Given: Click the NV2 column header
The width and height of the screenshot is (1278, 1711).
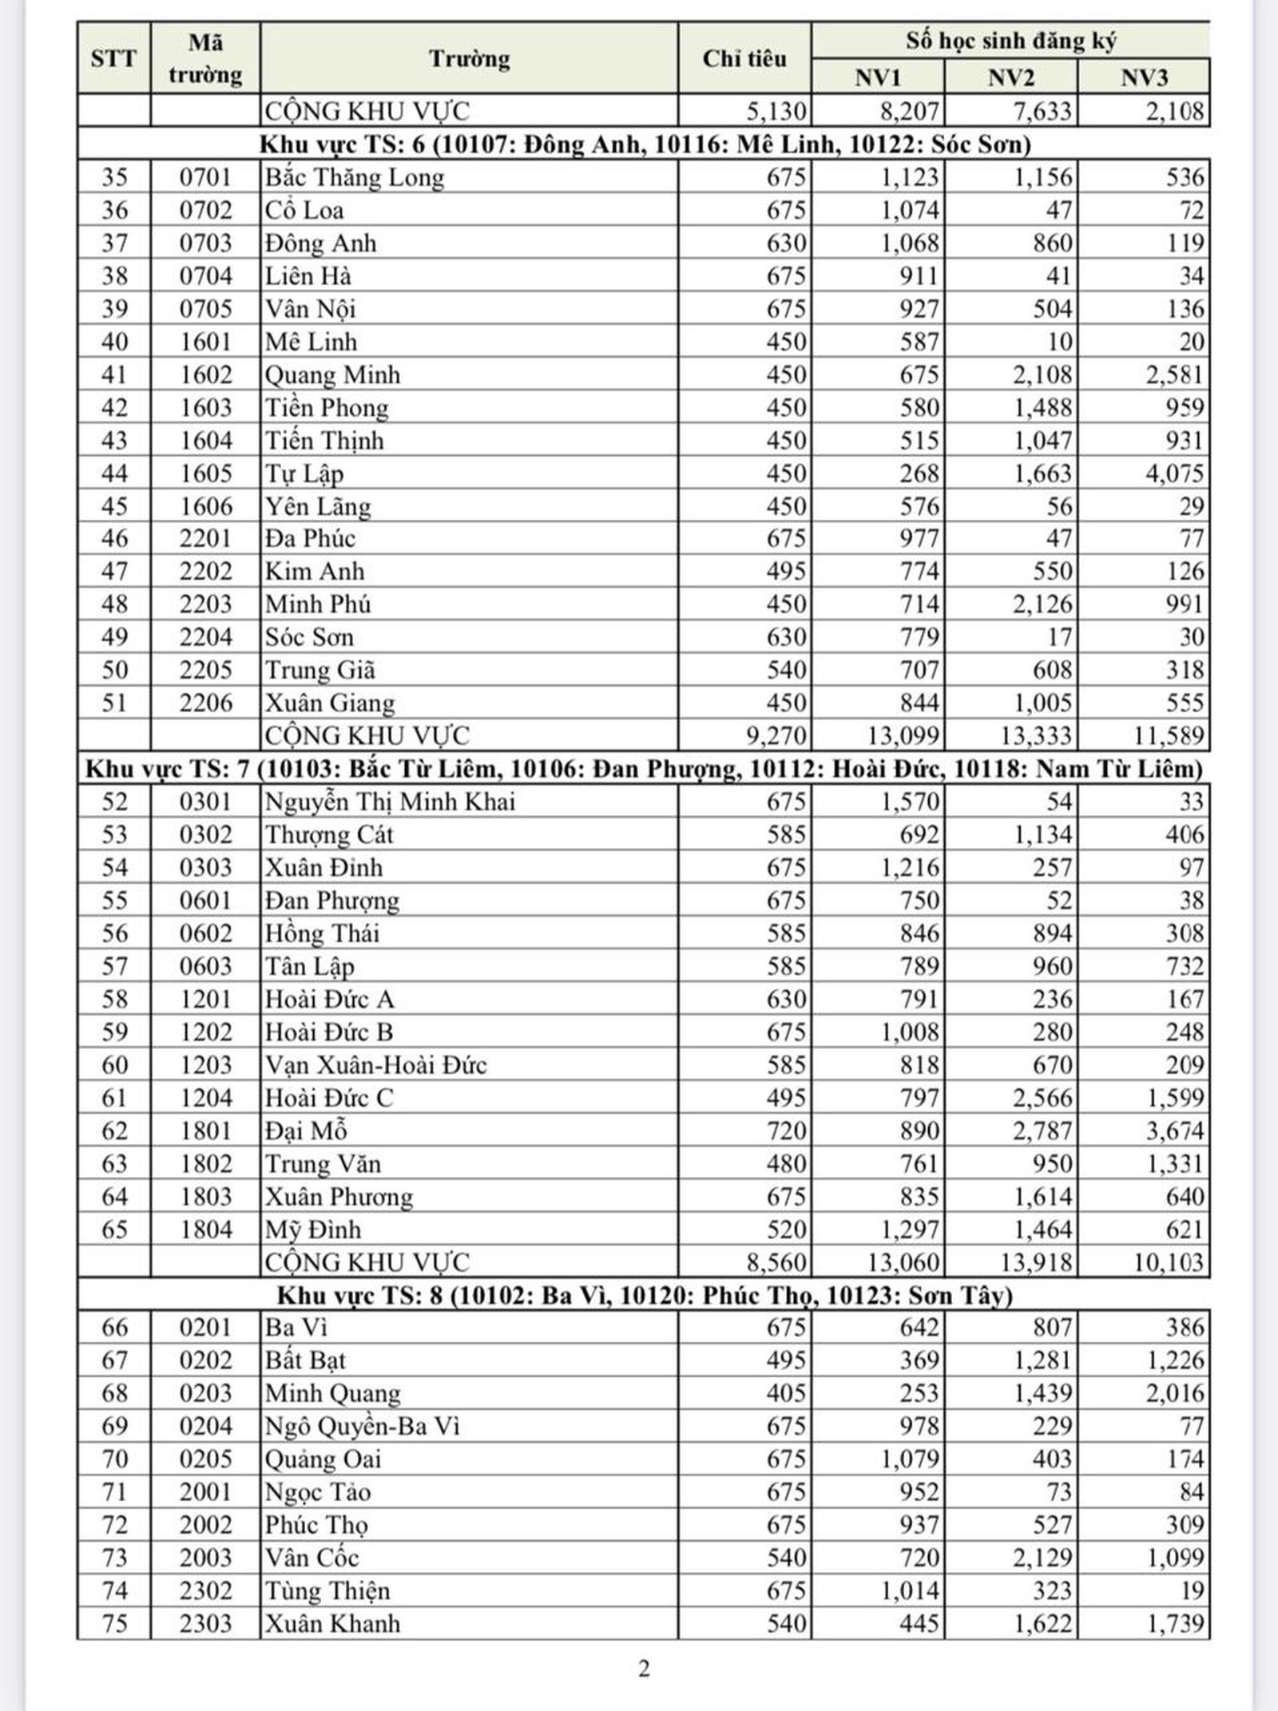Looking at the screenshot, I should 1010,77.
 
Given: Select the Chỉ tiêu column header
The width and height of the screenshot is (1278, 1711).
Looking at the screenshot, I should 744,58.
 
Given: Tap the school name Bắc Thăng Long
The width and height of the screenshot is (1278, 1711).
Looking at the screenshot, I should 354,177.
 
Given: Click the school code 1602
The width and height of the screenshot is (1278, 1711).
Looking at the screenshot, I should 205,374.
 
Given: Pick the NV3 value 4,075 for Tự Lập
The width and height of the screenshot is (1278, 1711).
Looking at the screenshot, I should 1174,473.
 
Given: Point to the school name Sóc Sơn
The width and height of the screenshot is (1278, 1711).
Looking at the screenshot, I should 309,637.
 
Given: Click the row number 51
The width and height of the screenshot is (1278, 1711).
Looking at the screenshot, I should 114,703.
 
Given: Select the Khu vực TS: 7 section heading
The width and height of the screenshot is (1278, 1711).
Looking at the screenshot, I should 644,768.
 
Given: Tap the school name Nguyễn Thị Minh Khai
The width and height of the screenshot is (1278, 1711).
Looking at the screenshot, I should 390,802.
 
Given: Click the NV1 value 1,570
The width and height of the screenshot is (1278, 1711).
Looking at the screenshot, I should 909,802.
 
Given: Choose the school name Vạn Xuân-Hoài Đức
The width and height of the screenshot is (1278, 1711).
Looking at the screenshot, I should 375,1064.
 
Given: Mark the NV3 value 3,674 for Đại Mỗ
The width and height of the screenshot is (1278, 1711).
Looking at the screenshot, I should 1174,1131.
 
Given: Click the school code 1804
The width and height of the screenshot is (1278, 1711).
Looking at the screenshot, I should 205,1229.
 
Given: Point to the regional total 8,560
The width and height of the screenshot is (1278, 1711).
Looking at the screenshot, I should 776,1262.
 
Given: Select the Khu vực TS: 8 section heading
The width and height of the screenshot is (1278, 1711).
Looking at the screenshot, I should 644,1294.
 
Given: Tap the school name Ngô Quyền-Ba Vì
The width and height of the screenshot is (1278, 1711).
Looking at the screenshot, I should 362,1426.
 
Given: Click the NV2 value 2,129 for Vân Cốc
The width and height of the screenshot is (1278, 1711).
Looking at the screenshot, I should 1042,1557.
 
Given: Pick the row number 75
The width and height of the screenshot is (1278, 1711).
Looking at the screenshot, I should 114,1623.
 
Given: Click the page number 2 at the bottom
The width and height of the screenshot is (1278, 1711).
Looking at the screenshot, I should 644,1669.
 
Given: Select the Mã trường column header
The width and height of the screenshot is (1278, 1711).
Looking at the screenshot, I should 205,58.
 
